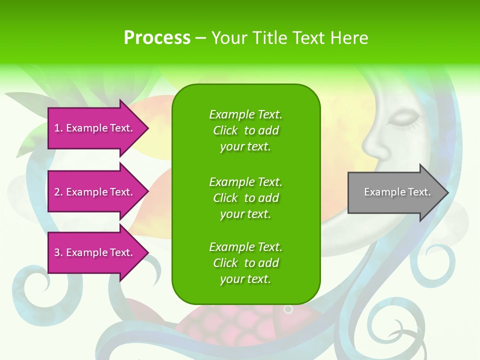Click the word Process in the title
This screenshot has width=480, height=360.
tap(157, 38)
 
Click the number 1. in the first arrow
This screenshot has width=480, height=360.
tap(58, 128)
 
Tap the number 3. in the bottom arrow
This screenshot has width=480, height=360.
tap(58, 252)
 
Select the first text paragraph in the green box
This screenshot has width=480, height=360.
tap(245, 130)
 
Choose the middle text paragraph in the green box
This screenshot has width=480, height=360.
tap(245, 198)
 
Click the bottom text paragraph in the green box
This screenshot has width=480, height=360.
tap(245, 263)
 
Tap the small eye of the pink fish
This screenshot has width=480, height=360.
tap(287, 309)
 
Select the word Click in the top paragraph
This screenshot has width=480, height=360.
tap(225, 130)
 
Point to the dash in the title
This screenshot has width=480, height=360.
tap(200, 38)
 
